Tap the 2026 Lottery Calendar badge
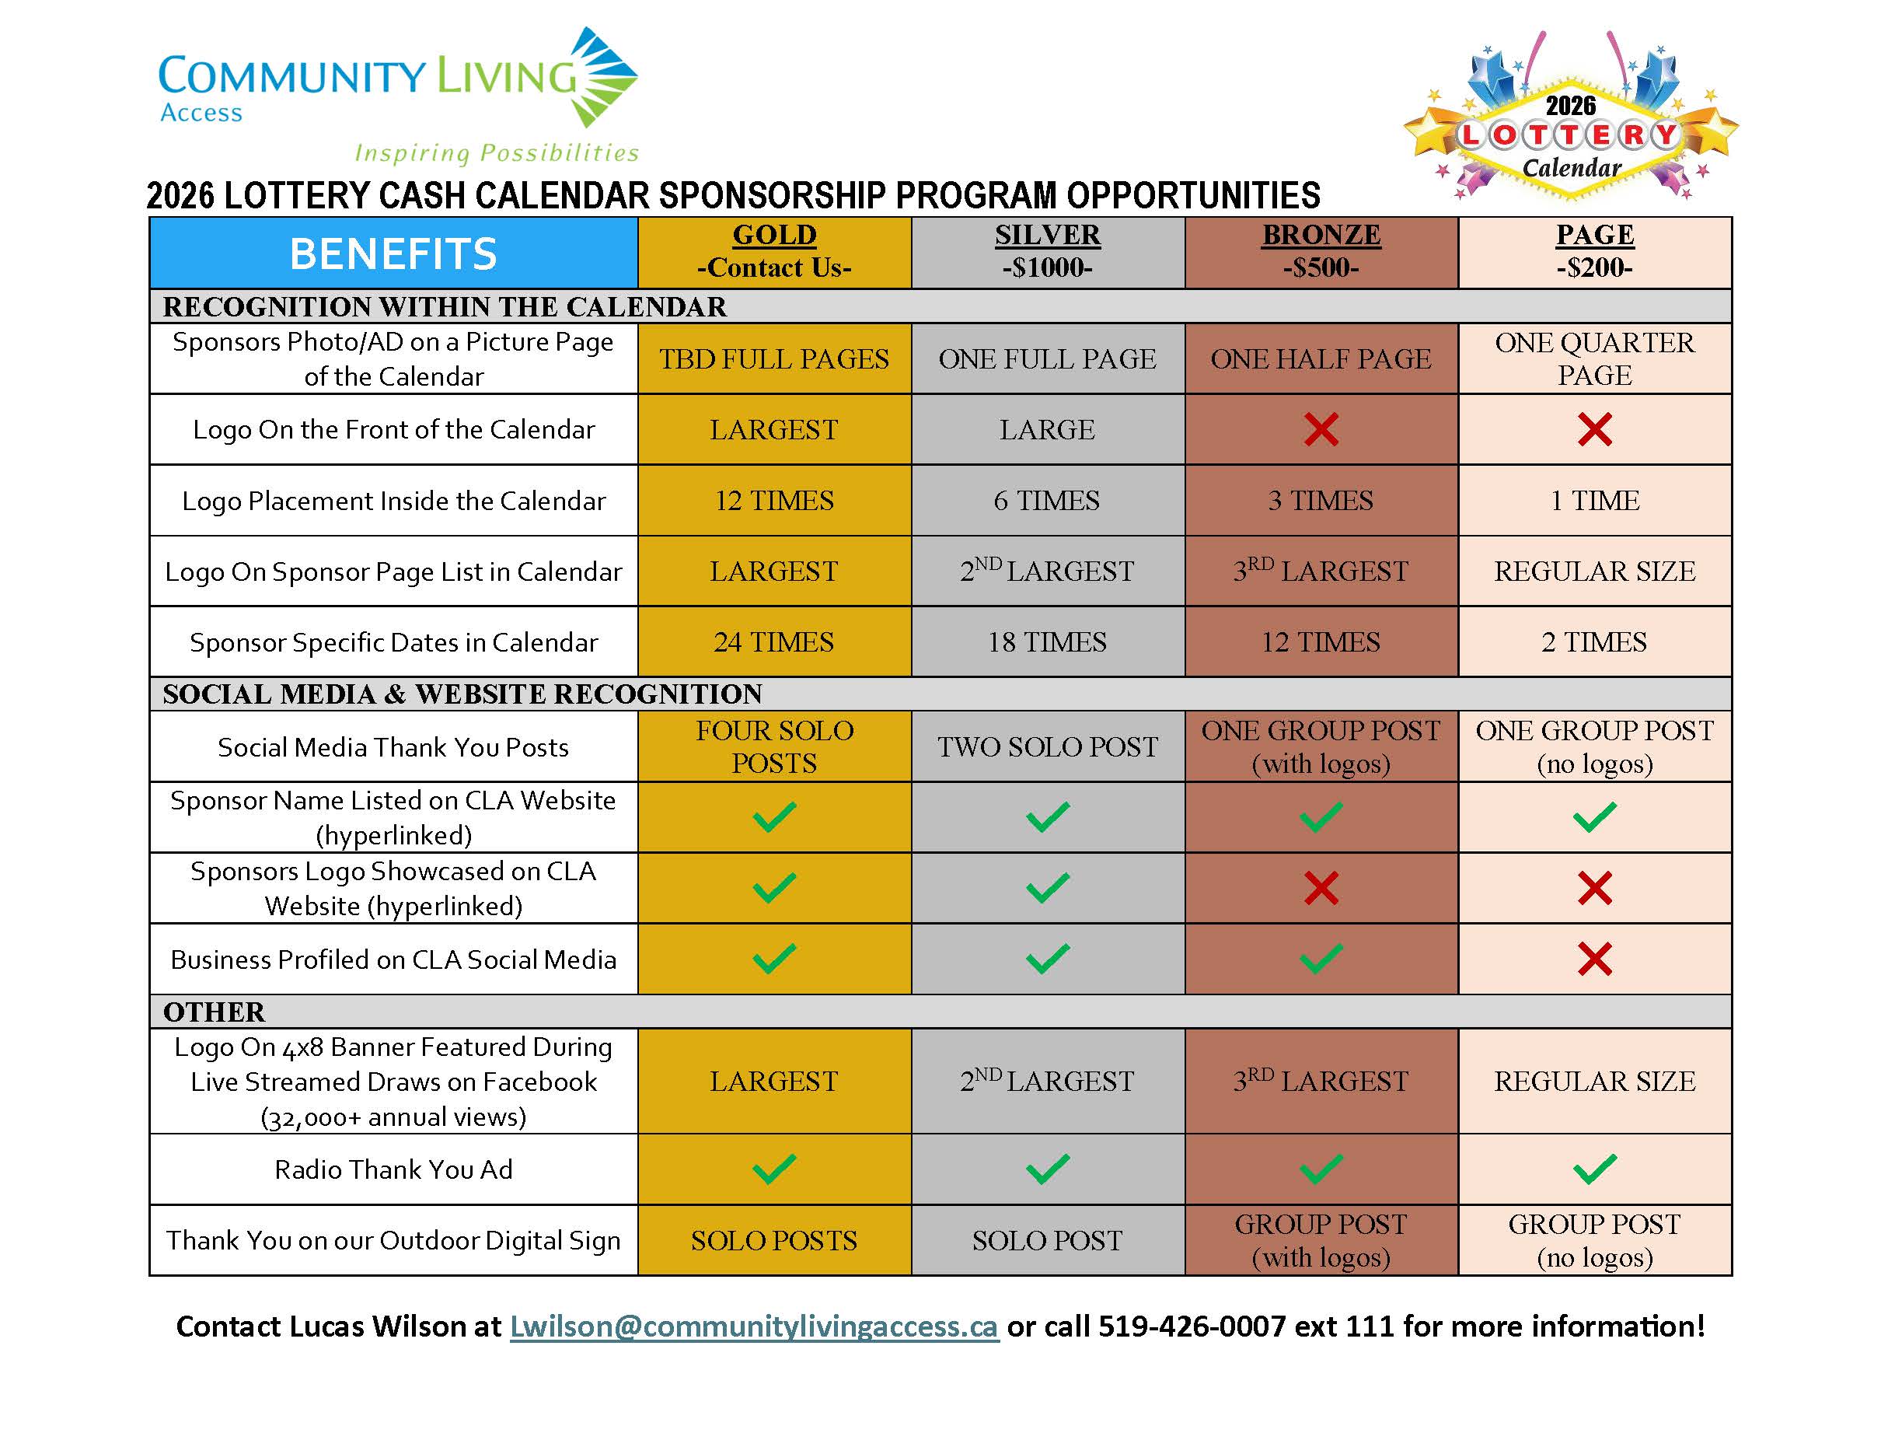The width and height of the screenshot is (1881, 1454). click(1570, 121)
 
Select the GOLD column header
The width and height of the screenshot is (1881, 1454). click(774, 251)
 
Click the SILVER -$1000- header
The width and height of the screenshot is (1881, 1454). click(1047, 251)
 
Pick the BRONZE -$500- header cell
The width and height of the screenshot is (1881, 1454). click(1321, 251)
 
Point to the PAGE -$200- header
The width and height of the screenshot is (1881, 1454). click(1594, 251)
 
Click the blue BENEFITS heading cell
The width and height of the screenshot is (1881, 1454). click(393, 253)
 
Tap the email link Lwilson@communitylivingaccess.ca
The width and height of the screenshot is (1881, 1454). click(754, 1326)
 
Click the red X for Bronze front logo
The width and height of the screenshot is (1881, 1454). click(1321, 429)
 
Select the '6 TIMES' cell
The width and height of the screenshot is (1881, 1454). click(1047, 501)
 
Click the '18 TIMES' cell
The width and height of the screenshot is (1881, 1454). click(1047, 641)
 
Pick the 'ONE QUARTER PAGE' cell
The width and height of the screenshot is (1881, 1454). click(1594, 358)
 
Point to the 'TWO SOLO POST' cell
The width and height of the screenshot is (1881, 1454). click(1047, 746)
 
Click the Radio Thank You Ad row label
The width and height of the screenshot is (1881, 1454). click(393, 1169)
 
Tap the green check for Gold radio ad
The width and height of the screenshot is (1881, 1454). click(774, 1169)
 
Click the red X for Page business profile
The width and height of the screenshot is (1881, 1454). click(1594, 959)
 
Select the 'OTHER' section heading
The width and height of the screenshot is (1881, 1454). click(215, 1012)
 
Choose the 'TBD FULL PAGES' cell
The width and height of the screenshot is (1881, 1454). click(774, 358)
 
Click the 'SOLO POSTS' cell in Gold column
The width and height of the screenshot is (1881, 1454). click(774, 1240)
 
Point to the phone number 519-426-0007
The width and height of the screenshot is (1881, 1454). click(1192, 1326)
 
